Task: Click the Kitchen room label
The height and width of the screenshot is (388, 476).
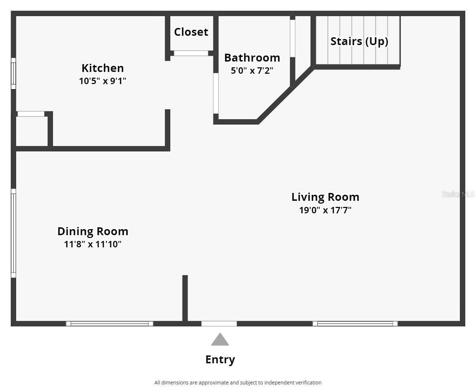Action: pos(103,68)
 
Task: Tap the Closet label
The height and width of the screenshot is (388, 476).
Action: pos(191,32)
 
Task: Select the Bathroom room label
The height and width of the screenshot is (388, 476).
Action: pos(252,58)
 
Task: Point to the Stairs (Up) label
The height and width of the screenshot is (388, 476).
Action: pos(359,42)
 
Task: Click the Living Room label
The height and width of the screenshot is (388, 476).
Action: pos(325,197)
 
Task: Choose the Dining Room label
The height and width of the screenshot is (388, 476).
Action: pos(93,232)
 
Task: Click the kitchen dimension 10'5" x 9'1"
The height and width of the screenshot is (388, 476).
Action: pos(103,81)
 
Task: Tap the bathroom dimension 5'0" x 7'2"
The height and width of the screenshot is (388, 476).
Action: pos(252,71)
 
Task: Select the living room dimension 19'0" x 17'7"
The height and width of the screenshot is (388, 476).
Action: pos(325,210)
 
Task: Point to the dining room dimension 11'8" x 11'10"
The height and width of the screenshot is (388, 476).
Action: pos(93,244)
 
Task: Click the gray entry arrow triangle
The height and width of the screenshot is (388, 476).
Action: pos(220,339)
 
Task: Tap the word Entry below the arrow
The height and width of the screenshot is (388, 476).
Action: pos(220,360)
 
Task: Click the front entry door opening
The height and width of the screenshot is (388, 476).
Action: pos(219,324)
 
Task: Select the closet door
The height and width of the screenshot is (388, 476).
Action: pos(191,53)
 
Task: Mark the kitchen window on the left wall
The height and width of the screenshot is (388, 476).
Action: pos(14,73)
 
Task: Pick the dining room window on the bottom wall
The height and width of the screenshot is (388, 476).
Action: pos(109,324)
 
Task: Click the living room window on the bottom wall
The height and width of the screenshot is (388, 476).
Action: pos(355,324)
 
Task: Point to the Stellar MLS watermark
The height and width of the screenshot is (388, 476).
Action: pos(458,194)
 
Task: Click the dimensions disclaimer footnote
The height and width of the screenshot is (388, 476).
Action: pos(238,383)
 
